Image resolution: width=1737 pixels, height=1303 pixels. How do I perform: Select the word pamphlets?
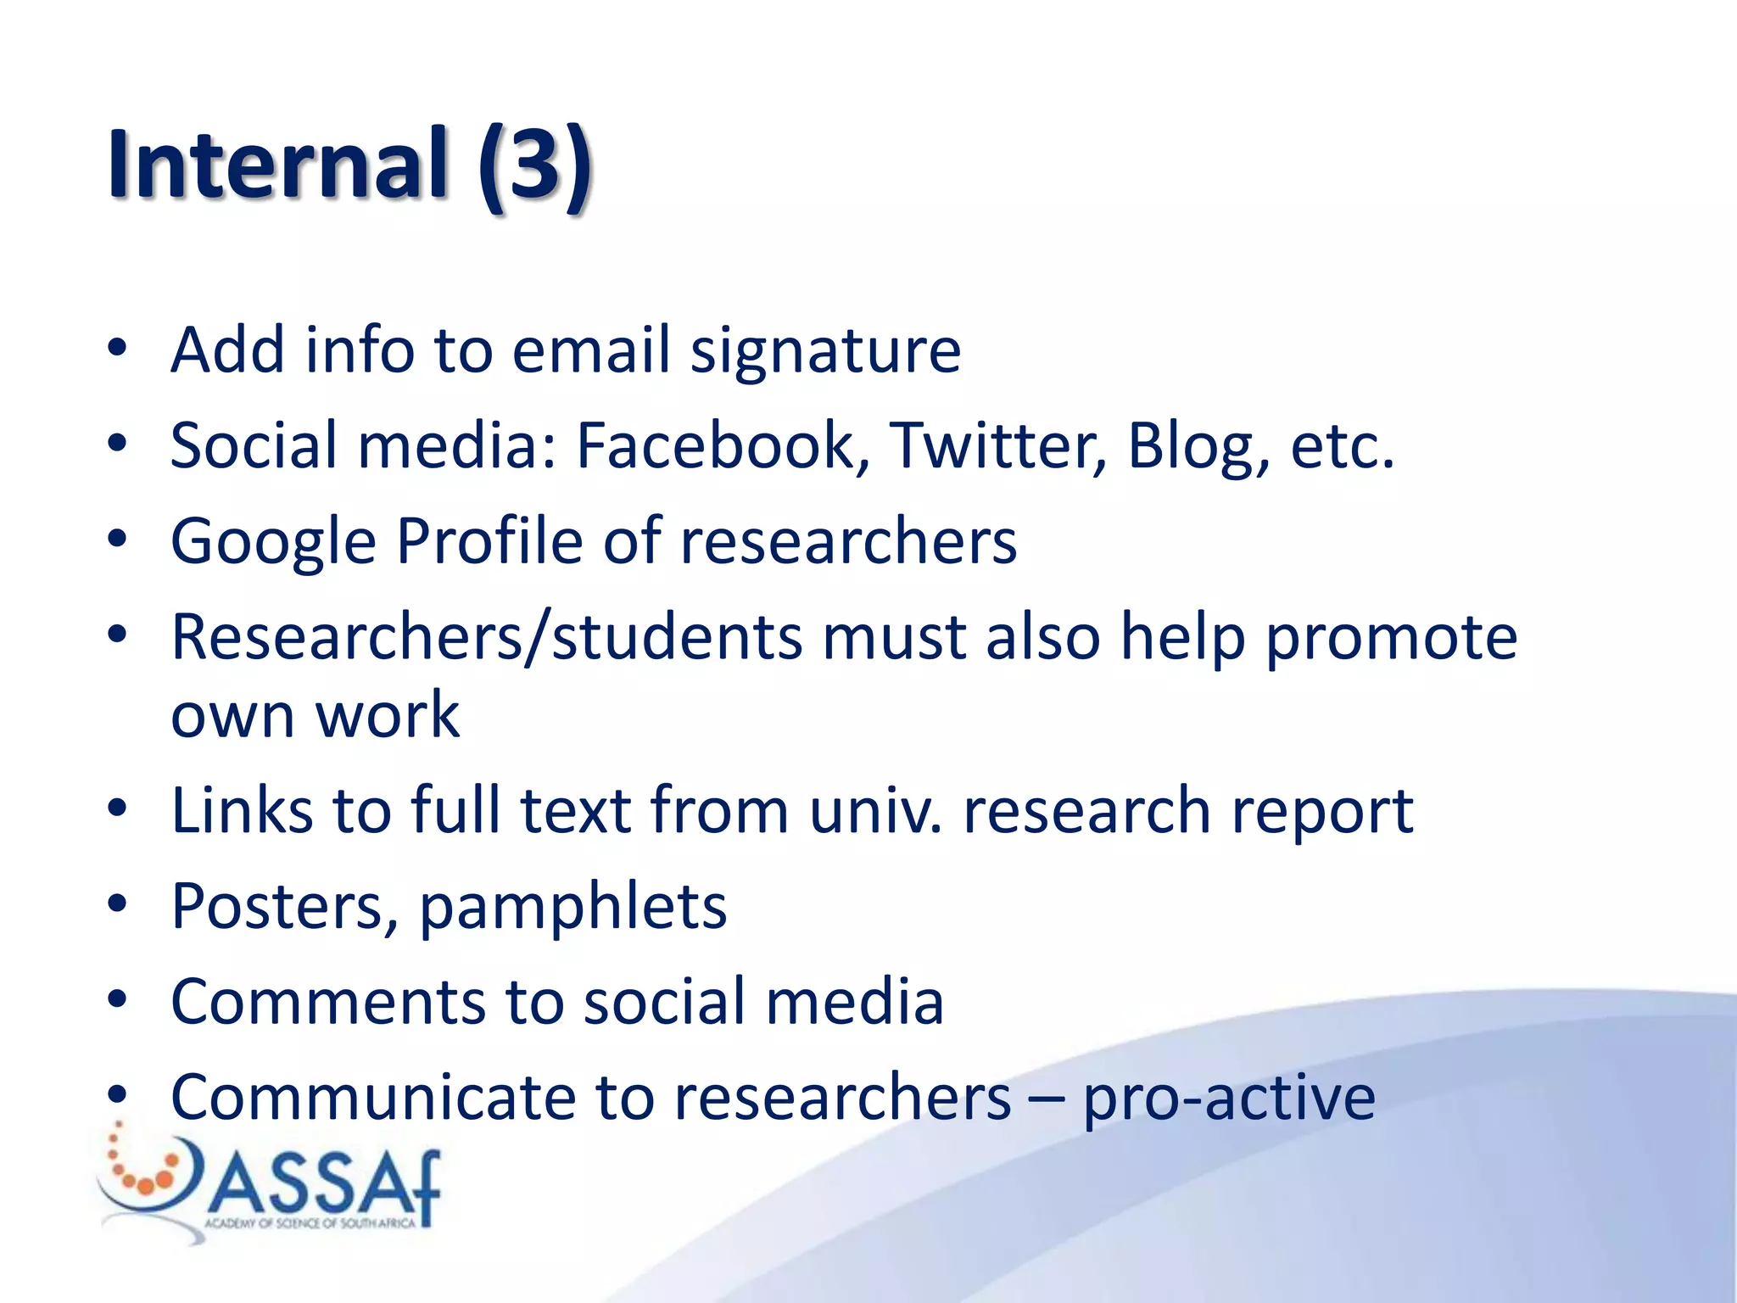(x=573, y=909)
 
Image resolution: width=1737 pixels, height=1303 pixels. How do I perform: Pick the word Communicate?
(x=372, y=1098)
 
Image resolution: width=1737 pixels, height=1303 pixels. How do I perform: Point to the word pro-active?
(x=1229, y=1099)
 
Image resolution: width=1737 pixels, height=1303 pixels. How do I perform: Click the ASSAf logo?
(x=271, y=1184)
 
